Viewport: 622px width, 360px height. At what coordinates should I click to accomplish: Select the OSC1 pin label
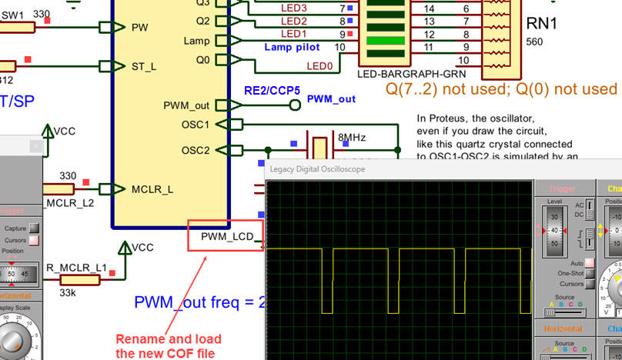click(197, 124)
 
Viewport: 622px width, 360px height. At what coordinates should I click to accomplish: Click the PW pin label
click(140, 27)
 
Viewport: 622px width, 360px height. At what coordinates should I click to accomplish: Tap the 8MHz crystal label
click(352, 138)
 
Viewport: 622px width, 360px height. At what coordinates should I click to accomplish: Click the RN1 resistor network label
click(542, 24)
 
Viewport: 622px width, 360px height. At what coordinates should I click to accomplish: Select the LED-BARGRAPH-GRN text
click(402, 75)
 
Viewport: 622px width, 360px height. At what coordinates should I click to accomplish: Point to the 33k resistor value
click(69, 292)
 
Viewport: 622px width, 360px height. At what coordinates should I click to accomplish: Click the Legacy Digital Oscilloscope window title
click(317, 168)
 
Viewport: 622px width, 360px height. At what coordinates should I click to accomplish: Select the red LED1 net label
click(293, 34)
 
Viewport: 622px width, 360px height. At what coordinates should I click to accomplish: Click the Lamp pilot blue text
click(292, 48)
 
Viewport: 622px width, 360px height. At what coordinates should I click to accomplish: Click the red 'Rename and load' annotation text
click(169, 339)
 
